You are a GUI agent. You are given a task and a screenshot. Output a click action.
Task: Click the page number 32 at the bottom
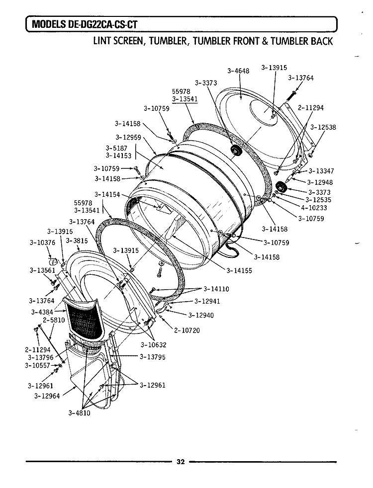181,462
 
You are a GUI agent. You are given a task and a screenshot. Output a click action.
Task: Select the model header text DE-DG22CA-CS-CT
102,24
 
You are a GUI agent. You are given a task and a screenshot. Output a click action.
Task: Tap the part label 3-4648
238,71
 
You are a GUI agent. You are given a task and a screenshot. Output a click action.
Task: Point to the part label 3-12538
323,127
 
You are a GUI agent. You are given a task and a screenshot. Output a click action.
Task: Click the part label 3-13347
321,171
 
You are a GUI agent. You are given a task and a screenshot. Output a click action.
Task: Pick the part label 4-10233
314,208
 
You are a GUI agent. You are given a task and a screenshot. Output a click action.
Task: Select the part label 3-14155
239,270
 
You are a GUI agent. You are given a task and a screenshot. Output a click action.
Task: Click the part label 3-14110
216,289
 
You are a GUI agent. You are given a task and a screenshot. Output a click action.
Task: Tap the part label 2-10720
187,330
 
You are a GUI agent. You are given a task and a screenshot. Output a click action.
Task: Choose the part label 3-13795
153,357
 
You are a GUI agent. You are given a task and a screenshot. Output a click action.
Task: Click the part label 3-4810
80,413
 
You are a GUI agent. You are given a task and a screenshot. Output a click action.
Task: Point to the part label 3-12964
47,396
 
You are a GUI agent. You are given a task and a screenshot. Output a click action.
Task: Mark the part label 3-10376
42,243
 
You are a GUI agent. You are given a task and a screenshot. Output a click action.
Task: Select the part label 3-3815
77,241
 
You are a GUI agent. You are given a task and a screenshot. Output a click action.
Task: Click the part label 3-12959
128,137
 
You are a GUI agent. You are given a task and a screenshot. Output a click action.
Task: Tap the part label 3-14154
107,194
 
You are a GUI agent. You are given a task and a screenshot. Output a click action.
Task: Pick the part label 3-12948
320,182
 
